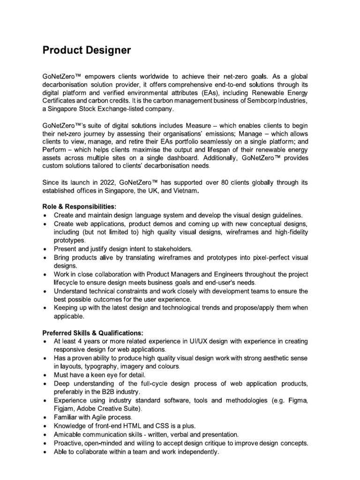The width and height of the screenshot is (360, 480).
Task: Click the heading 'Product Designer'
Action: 87,50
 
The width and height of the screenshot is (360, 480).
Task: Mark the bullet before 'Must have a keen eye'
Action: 44,375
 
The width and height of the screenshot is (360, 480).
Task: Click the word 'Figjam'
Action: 65,408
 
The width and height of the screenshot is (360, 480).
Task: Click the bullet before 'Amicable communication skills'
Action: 44,435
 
